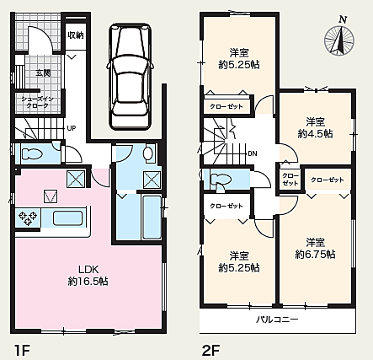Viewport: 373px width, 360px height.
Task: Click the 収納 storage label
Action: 75,35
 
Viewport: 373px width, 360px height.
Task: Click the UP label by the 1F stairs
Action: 72,129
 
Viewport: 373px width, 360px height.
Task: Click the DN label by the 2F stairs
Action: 253,153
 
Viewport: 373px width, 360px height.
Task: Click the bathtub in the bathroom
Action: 152,218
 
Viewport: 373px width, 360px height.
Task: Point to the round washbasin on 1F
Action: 148,153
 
